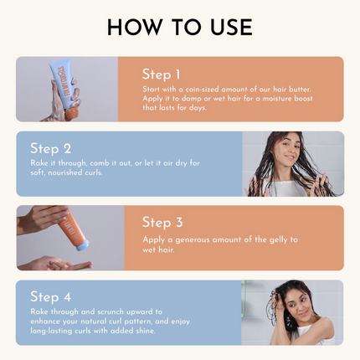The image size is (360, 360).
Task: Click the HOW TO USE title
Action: (179, 27)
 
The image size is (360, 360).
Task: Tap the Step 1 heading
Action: (162, 75)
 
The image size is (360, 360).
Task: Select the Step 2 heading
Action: (50, 148)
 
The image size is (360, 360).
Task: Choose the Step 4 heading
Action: (50, 296)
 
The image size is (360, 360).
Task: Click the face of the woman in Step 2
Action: (287, 151)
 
